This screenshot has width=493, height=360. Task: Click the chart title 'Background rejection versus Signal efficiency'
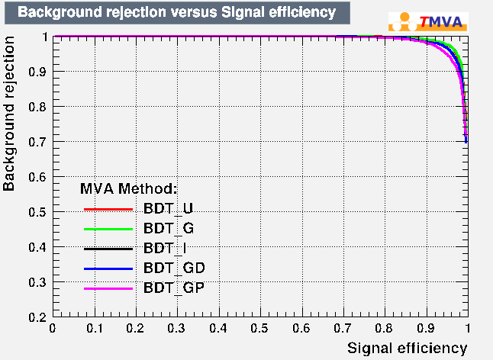click(176, 12)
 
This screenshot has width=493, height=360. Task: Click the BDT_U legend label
click(169, 208)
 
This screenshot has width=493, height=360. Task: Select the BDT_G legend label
click(169, 228)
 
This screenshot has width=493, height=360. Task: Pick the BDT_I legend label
click(165, 248)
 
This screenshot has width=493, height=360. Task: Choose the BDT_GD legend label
click(173, 268)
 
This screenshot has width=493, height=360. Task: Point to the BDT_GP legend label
click(173, 288)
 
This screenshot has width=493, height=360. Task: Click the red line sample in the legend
click(108, 209)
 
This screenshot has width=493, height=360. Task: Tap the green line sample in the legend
click(108, 229)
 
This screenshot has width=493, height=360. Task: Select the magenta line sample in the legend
click(108, 288)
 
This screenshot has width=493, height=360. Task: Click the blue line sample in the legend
click(108, 268)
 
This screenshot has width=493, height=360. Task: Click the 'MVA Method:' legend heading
click(129, 188)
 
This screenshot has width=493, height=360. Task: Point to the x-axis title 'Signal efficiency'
click(407, 348)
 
